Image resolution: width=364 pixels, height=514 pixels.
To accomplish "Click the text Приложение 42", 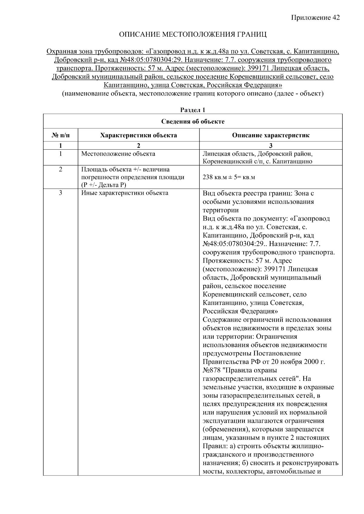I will [315, 18].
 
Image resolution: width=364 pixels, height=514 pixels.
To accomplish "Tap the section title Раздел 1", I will [193, 110].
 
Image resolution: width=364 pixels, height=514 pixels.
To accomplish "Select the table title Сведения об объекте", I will [193, 121].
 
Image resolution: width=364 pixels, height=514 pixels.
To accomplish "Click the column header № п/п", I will [60, 135].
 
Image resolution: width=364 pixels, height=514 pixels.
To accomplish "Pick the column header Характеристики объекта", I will [139, 135].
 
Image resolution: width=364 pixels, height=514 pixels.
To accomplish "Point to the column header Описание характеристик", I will [271, 135].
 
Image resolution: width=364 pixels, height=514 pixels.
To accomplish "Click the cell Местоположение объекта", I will [118, 154].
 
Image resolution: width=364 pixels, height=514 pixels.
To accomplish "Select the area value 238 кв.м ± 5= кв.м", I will [228, 177].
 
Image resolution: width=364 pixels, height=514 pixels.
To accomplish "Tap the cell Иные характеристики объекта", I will [125, 193].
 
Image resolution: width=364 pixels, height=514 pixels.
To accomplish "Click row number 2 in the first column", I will [60, 169].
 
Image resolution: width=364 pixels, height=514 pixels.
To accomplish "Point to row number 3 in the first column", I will [60, 193].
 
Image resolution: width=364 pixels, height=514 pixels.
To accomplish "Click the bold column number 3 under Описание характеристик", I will [271, 145].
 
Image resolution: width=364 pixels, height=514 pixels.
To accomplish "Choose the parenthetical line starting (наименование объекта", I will [193, 94].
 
